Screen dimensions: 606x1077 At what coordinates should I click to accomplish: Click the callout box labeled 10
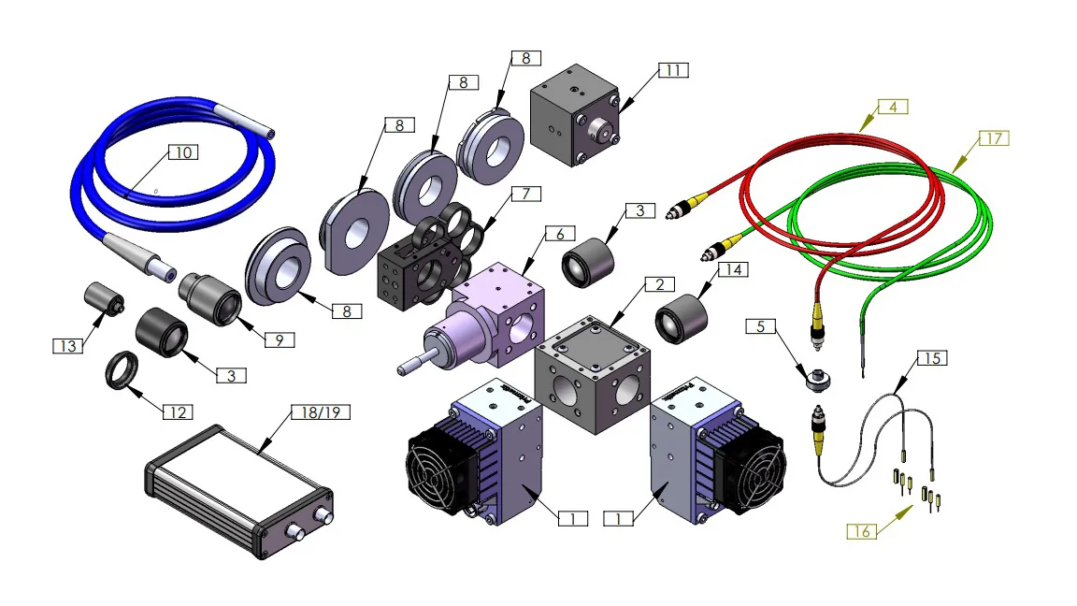tap(183, 152)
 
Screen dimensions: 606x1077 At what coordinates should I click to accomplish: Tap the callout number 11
tap(671, 71)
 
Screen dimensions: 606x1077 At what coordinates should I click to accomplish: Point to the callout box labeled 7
tap(526, 194)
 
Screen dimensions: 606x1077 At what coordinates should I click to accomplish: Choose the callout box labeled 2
tap(659, 283)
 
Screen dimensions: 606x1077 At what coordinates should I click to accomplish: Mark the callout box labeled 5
tap(761, 326)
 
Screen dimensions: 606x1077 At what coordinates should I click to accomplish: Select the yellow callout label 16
tap(862, 531)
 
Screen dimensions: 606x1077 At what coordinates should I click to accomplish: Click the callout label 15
tap(932, 357)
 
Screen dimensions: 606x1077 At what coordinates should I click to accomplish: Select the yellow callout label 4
tap(893, 107)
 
